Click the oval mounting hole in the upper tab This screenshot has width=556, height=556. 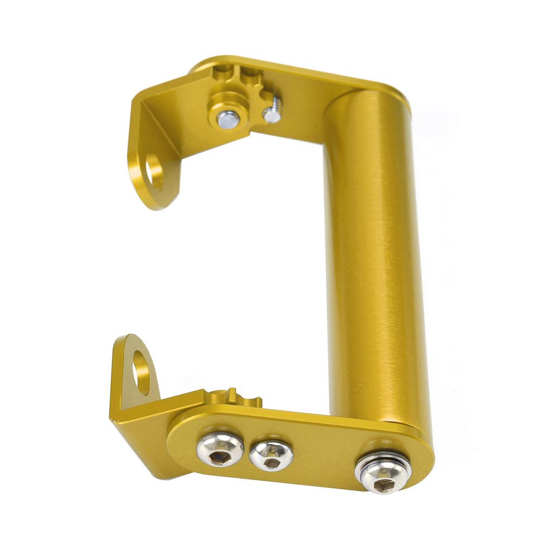pos(154,172)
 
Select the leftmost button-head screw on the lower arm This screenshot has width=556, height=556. pos(220,448)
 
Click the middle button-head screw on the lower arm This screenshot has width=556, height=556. pos(271,455)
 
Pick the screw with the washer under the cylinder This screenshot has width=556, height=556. pos(382,473)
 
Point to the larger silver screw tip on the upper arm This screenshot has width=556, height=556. pos(228,119)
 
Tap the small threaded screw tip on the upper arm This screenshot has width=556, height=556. pos(272,113)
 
